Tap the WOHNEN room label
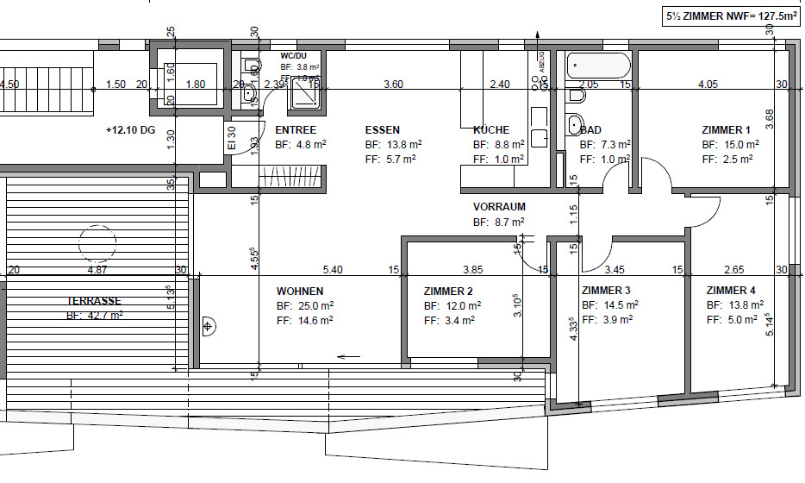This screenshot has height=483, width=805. pyautogui.click(x=300, y=292)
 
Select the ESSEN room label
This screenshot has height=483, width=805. pyautogui.click(x=383, y=130)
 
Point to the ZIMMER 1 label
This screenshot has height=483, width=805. pyautogui.click(x=727, y=130)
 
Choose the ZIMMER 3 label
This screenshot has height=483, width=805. pyautogui.click(x=606, y=290)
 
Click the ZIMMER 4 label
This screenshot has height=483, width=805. pyautogui.click(x=731, y=290)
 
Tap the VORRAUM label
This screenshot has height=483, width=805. pyautogui.click(x=499, y=207)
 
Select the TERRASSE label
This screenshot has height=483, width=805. pyautogui.click(x=94, y=301)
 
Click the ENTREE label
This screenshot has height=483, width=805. pyautogui.click(x=296, y=130)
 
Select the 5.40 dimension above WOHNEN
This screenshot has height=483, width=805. pyautogui.click(x=333, y=270)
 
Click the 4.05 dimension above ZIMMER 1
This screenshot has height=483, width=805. pyautogui.click(x=708, y=85)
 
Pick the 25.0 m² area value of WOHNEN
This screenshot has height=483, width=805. pyautogui.click(x=305, y=305)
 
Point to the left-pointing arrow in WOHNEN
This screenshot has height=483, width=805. pyautogui.click(x=349, y=355)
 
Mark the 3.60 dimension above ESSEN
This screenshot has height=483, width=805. pyautogui.click(x=393, y=85)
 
